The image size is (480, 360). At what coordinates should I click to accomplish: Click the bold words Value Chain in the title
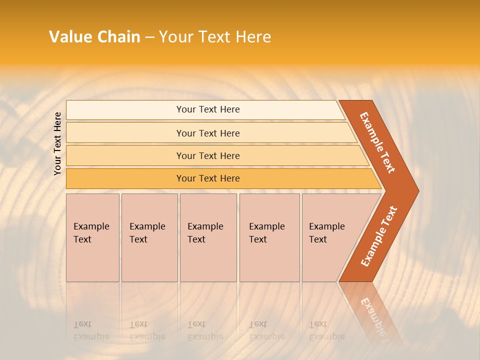(94, 37)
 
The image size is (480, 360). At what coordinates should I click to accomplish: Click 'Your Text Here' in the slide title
(215, 37)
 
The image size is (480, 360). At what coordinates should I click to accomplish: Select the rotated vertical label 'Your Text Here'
(58, 143)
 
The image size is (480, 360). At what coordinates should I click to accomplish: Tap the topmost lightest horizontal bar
(207, 109)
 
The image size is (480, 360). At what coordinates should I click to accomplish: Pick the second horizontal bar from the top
(207, 133)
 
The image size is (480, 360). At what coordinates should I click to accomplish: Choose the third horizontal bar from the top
(207, 155)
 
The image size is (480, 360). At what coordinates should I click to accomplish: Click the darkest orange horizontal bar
(207, 178)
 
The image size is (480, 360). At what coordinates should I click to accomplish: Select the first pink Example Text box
(92, 237)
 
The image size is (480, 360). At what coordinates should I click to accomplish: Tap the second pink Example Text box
(149, 237)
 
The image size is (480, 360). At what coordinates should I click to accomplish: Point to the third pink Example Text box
(208, 237)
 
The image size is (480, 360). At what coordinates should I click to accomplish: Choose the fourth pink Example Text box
(269, 237)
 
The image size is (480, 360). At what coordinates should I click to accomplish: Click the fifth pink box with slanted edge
(330, 237)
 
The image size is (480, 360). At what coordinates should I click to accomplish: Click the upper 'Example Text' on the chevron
(377, 142)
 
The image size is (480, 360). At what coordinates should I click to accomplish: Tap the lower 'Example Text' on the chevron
(378, 236)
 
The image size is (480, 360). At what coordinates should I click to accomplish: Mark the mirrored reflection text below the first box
(91, 330)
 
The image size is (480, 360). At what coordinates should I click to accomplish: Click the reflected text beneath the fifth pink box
(326, 330)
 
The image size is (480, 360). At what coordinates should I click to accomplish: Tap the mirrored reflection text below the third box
(205, 330)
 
